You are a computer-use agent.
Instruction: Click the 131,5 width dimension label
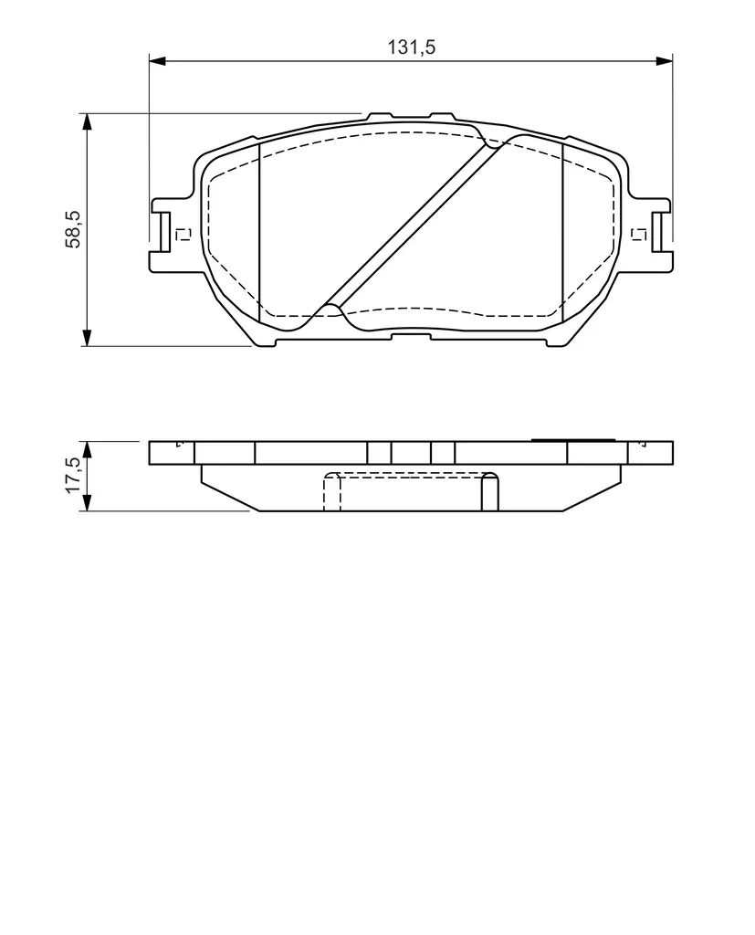click(412, 47)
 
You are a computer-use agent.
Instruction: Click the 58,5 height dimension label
click(75, 229)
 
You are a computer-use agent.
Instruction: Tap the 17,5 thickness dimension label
click(75, 475)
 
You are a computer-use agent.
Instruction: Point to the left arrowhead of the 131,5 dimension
click(157, 61)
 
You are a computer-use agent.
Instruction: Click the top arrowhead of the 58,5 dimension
click(87, 121)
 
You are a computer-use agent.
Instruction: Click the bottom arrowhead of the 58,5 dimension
click(87, 338)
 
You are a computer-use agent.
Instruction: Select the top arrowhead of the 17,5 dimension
click(87, 450)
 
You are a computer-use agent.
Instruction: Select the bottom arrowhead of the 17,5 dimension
click(87, 503)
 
